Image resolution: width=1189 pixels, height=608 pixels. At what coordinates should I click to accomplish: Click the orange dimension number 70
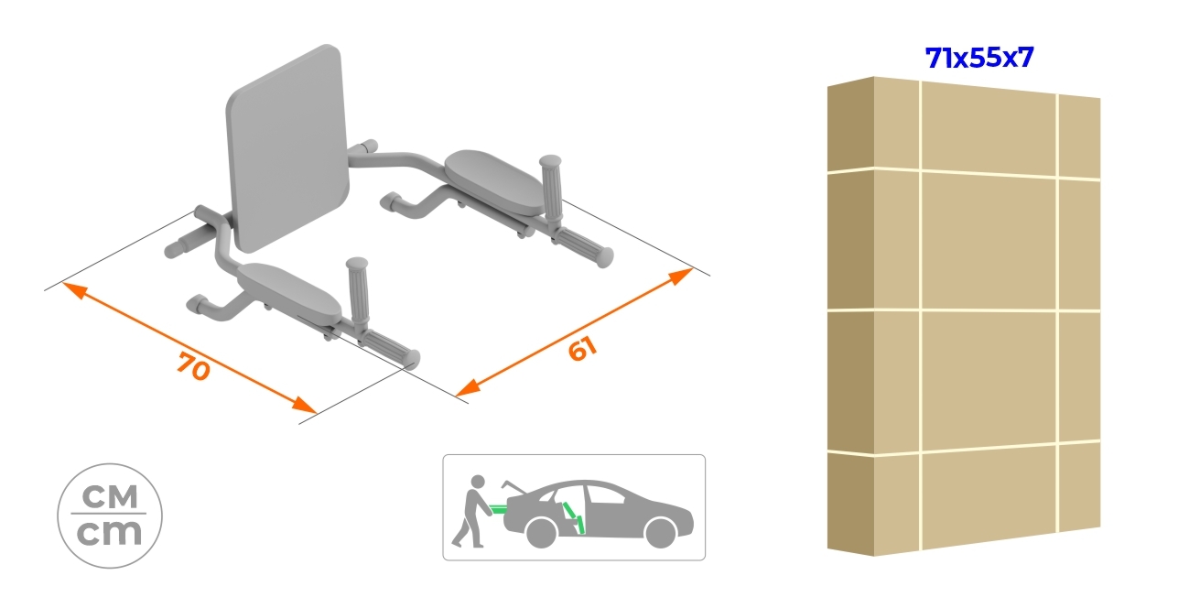pyautogui.click(x=194, y=368)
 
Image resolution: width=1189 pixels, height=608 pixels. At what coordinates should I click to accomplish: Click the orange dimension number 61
pyautogui.click(x=582, y=349)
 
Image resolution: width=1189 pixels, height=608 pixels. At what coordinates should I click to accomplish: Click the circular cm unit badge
pyautogui.click(x=110, y=516)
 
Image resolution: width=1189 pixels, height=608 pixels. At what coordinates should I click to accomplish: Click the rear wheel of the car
pyautogui.click(x=541, y=533)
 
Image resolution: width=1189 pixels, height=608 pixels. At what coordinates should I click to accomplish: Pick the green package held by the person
pyautogui.click(x=499, y=506)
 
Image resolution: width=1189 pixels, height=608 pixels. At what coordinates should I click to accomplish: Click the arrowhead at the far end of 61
pyautogui.click(x=681, y=275)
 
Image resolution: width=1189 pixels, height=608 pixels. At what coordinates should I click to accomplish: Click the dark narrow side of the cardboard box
pyautogui.click(x=850, y=316)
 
